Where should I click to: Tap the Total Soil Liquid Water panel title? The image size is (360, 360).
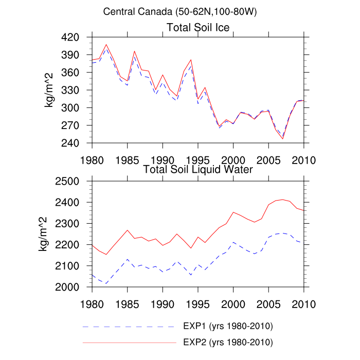198,169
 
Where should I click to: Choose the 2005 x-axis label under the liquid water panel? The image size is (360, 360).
268,302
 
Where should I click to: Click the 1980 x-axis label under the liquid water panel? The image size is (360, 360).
92,302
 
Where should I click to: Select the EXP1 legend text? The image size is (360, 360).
227,327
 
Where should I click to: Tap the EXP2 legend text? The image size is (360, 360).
227,341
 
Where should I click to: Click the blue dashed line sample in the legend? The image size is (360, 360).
129,327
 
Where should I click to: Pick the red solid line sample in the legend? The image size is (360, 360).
129,341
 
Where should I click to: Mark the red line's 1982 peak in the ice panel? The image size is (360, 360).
106,44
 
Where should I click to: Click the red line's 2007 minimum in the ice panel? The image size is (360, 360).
282,138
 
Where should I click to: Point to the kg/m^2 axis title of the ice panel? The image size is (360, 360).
50,90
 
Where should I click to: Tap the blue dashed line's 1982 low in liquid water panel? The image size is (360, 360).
106,283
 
